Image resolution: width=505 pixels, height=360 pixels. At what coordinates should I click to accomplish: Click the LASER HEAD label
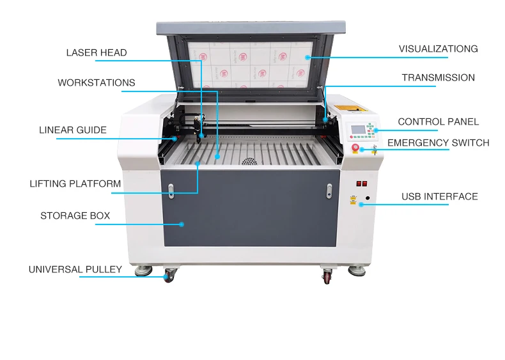(97, 52)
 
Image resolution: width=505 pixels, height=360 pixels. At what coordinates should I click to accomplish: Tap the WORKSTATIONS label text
(97, 82)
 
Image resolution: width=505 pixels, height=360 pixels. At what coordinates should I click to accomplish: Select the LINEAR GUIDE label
(73, 130)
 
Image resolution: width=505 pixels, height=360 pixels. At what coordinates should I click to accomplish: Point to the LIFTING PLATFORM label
(75, 184)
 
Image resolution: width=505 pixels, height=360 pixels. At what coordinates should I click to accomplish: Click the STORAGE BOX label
(75, 215)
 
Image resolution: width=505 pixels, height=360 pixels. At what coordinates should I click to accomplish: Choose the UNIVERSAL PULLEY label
(75, 269)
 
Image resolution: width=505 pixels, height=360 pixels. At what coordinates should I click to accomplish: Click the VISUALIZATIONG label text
(438, 49)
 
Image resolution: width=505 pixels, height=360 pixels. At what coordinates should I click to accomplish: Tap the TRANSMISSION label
(438, 77)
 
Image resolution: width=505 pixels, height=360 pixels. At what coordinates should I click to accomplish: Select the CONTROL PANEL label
(438, 121)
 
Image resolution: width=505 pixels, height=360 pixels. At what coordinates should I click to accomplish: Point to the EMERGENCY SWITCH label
(438, 143)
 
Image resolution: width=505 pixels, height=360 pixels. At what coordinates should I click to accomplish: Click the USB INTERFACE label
(439, 196)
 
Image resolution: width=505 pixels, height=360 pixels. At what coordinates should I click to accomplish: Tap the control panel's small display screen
(357, 129)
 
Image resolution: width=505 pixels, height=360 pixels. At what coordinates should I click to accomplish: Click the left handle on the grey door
(171, 189)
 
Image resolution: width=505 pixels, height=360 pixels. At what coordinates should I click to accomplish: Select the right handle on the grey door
(329, 190)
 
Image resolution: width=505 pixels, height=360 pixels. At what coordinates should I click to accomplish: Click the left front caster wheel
(169, 276)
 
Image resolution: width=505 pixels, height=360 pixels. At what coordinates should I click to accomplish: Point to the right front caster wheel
(327, 277)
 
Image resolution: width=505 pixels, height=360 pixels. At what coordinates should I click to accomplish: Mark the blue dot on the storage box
(182, 224)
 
